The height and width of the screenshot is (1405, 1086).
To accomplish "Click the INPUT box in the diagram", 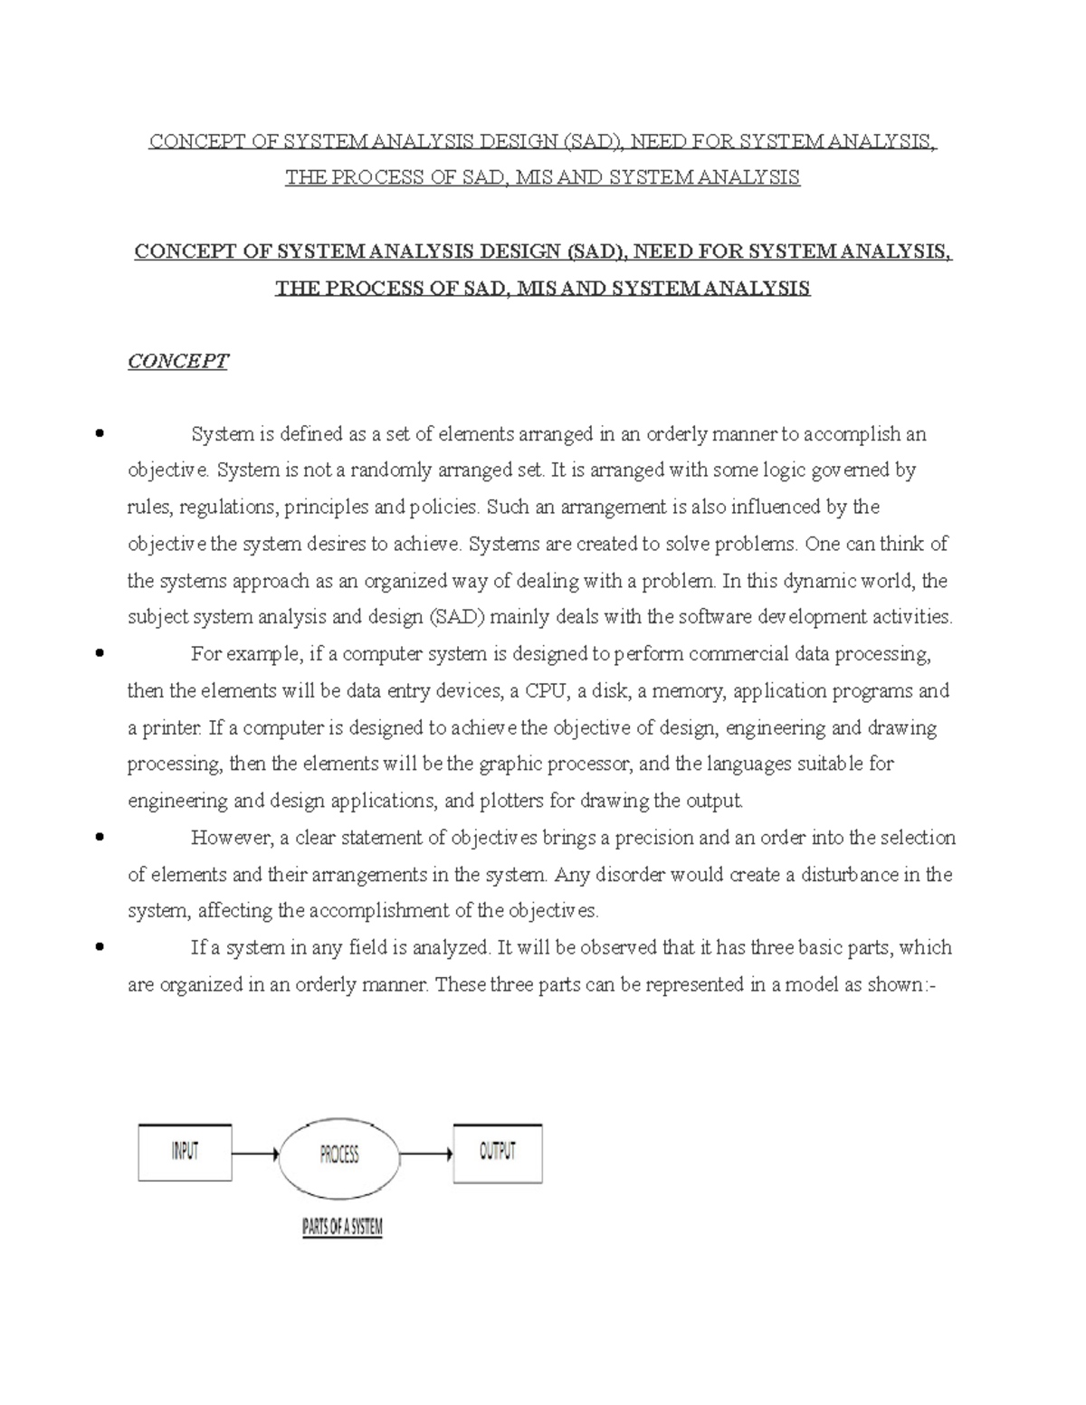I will pos(185,1153).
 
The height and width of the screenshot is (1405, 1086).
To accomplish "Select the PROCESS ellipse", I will pos(339,1154).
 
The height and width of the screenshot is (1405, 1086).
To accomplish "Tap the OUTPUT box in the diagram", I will pos(497,1153).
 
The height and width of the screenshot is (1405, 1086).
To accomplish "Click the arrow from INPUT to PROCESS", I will pos(255,1154).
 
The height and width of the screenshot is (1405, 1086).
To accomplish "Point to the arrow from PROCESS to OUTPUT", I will pos(425,1154).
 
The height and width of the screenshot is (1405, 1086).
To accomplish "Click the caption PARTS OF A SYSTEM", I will pos(342,1229).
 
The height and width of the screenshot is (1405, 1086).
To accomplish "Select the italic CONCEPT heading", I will pos(177,362).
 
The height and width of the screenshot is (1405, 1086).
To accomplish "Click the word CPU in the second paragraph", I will pos(548,691).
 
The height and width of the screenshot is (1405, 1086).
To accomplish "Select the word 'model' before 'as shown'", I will pos(811,984).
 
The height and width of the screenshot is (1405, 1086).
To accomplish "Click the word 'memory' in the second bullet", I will pos(693,691).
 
